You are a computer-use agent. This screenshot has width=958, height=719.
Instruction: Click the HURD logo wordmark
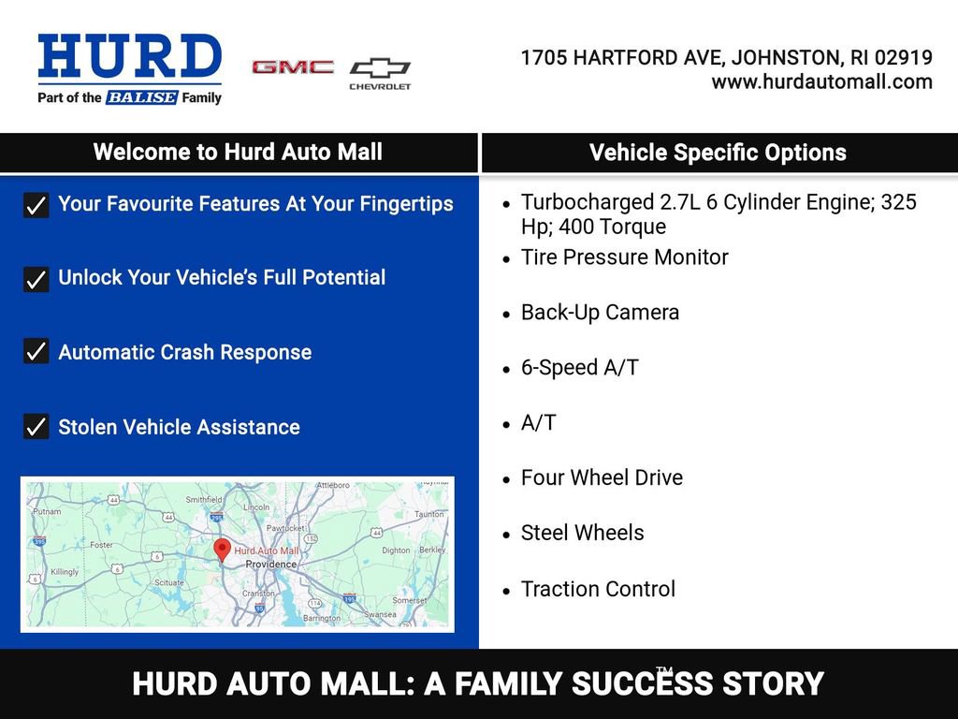point(129,58)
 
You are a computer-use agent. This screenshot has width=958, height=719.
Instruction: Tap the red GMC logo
point(293,67)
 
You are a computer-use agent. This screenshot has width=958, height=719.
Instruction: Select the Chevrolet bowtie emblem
point(380,68)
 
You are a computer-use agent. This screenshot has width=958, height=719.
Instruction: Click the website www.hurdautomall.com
point(821,81)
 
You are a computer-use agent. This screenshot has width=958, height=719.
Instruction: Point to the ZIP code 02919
point(904,58)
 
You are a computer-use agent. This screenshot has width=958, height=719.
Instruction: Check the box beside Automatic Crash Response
point(36,352)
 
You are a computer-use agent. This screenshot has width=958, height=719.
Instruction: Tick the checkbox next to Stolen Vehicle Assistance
point(36,427)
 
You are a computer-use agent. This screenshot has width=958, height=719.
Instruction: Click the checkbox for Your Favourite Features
point(36,205)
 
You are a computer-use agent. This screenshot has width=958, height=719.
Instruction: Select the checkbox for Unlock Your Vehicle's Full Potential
point(36,279)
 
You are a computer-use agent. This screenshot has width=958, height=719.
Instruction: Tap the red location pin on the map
point(222,550)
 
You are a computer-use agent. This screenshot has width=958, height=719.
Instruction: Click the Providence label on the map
point(271,565)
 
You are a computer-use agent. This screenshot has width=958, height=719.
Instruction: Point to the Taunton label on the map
point(429,514)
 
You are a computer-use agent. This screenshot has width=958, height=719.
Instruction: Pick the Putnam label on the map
point(47,512)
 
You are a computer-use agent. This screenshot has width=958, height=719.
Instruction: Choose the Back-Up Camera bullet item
point(600,313)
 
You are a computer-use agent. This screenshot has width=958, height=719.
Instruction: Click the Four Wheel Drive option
point(602,477)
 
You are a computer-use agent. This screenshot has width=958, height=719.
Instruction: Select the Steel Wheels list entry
point(582,533)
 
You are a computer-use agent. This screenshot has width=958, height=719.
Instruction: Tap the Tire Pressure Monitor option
point(624,257)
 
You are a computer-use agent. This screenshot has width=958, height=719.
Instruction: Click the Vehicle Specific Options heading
point(718,154)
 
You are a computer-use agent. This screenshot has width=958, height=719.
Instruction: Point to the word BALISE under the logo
point(141,97)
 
